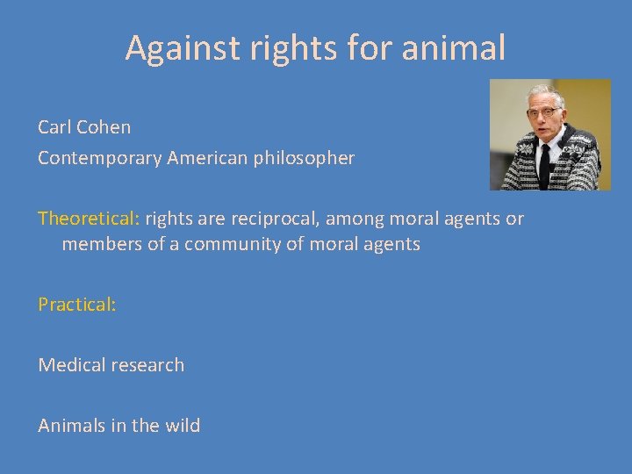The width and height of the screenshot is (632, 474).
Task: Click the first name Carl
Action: point(54,127)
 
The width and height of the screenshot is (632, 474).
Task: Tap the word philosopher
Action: point(305,159)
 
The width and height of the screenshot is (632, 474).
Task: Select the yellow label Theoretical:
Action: point(89,219)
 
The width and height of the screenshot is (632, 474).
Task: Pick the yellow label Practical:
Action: point(77,305)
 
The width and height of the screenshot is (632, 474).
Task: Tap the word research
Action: point(149,365)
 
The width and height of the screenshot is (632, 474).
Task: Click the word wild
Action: point(180,426)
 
